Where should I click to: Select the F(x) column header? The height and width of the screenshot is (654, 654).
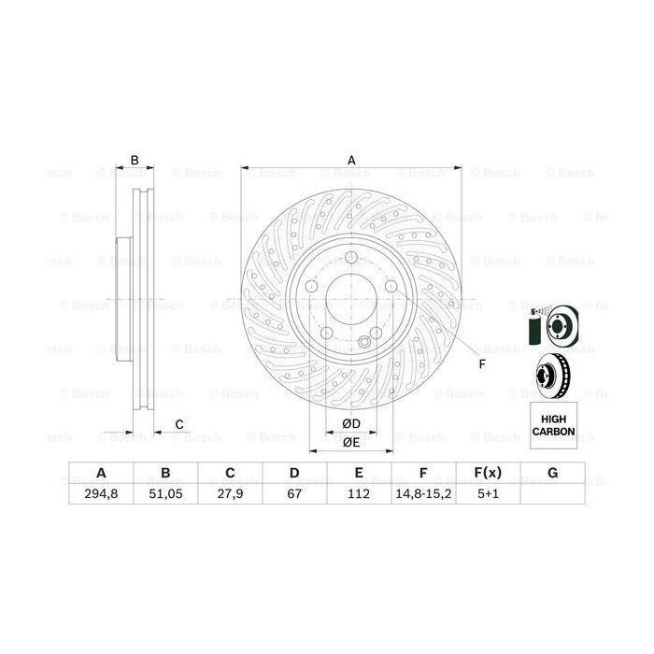point(488,472)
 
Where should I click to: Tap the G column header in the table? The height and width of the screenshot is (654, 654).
point(552,472)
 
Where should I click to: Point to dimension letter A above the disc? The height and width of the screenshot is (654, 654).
point(352,160)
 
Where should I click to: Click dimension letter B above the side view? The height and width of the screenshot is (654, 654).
point(135,160)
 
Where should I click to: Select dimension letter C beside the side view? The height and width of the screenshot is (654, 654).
point(178,425)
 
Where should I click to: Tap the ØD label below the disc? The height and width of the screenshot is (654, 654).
point(352,422)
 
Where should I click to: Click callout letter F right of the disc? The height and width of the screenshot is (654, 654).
point(482,364)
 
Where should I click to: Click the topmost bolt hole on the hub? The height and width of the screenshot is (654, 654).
point(352,260)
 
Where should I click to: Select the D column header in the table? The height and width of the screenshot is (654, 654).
point(293,472)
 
